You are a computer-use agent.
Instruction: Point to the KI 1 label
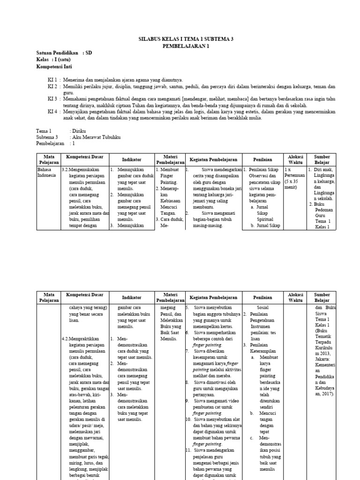[x=52, y=80]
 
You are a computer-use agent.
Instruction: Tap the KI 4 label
[x=52, y=112]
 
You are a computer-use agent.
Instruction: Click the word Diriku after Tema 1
[x=78, y=131]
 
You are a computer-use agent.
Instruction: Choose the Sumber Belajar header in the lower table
[x=322, y=298]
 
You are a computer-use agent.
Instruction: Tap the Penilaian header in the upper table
[x=262, y=159]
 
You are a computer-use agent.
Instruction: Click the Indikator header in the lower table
[x=132, y=298]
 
